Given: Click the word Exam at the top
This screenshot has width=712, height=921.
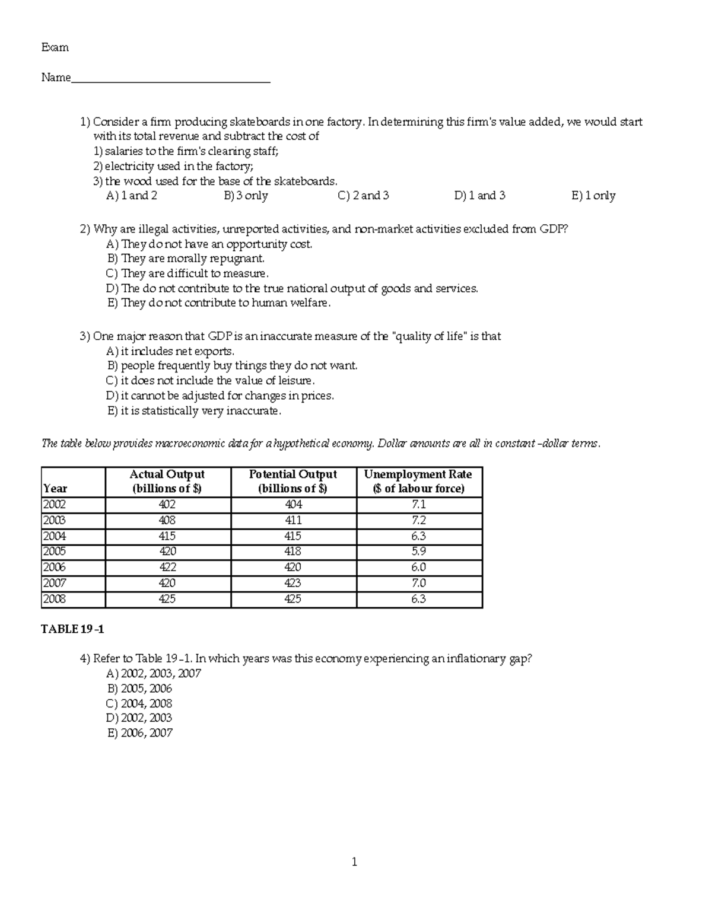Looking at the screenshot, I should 55,47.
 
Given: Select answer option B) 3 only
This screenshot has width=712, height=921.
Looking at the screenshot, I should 246,196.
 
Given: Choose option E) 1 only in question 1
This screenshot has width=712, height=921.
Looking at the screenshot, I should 593,196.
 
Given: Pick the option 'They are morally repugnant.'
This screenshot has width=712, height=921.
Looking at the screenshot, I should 186,259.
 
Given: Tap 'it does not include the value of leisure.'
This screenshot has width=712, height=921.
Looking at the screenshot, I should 211,381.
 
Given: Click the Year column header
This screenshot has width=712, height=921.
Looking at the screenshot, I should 55,489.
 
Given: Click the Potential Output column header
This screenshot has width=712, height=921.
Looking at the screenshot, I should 293,482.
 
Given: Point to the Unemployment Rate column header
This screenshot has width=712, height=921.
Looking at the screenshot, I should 418,482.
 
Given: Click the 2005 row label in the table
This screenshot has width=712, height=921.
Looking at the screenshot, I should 54,552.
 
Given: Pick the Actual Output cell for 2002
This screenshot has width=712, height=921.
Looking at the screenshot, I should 167,505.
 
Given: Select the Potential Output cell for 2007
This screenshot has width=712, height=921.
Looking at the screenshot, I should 293,583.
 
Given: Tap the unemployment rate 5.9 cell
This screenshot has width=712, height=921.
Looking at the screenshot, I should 418,552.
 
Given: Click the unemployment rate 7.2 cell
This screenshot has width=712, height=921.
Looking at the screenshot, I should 418,520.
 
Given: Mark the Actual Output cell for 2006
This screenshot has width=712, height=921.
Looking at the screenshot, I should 167,568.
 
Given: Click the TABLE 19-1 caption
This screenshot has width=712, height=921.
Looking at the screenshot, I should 72,629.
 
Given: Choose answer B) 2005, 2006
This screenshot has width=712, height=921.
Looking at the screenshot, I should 140,689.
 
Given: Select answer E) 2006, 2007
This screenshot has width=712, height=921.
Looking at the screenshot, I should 140,733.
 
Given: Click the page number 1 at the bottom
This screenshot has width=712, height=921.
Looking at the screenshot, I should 354,862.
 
